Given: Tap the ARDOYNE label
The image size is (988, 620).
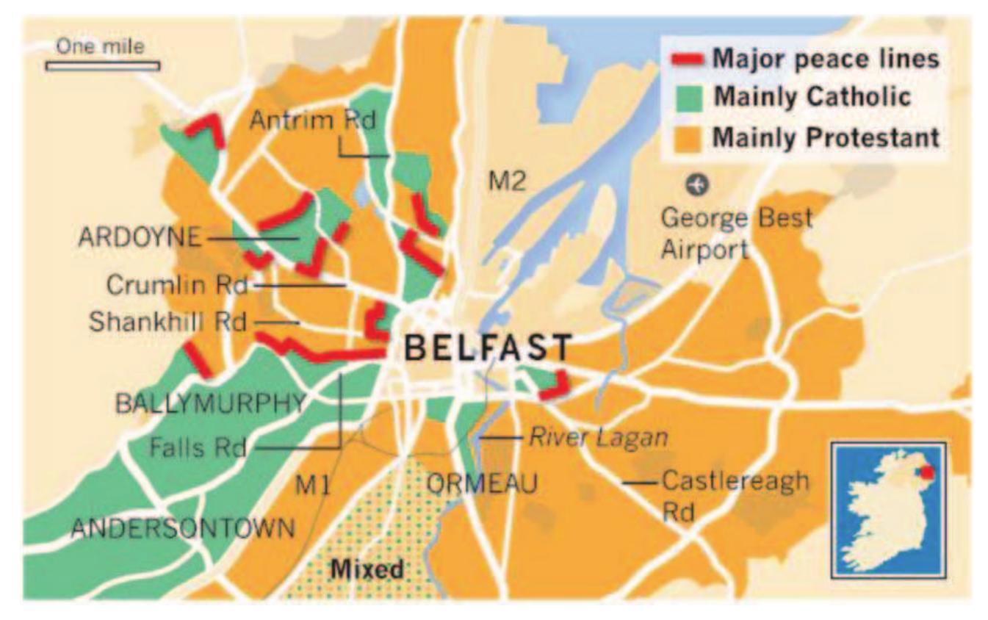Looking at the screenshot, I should pyautogui.click(x=139, y=238).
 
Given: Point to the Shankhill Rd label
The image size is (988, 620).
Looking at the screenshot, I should pyautogui.click(x=167, y=322).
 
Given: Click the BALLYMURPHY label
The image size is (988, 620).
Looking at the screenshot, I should pyautogui.click(x=210, y=403).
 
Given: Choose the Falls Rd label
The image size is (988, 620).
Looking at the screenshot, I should pyautogui.click(x=197, y=447).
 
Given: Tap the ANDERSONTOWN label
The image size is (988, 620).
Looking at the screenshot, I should pyautogui.click(x=183, y=527).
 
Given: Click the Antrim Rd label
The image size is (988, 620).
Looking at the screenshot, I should pyautogui.click(x=312, y=120).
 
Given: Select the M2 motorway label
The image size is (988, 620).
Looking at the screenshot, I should pyautogui.click(x=508, y=181).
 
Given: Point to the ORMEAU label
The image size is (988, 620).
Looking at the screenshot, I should pyautogui.click(x=482, y=484).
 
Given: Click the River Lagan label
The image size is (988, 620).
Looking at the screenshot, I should pyautogui.click(x=598, y=438).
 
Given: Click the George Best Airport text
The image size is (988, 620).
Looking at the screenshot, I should pyautogui.click(x=736, y=233).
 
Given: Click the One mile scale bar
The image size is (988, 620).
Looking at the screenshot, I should pyautogui.click(x=103, y=65).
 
